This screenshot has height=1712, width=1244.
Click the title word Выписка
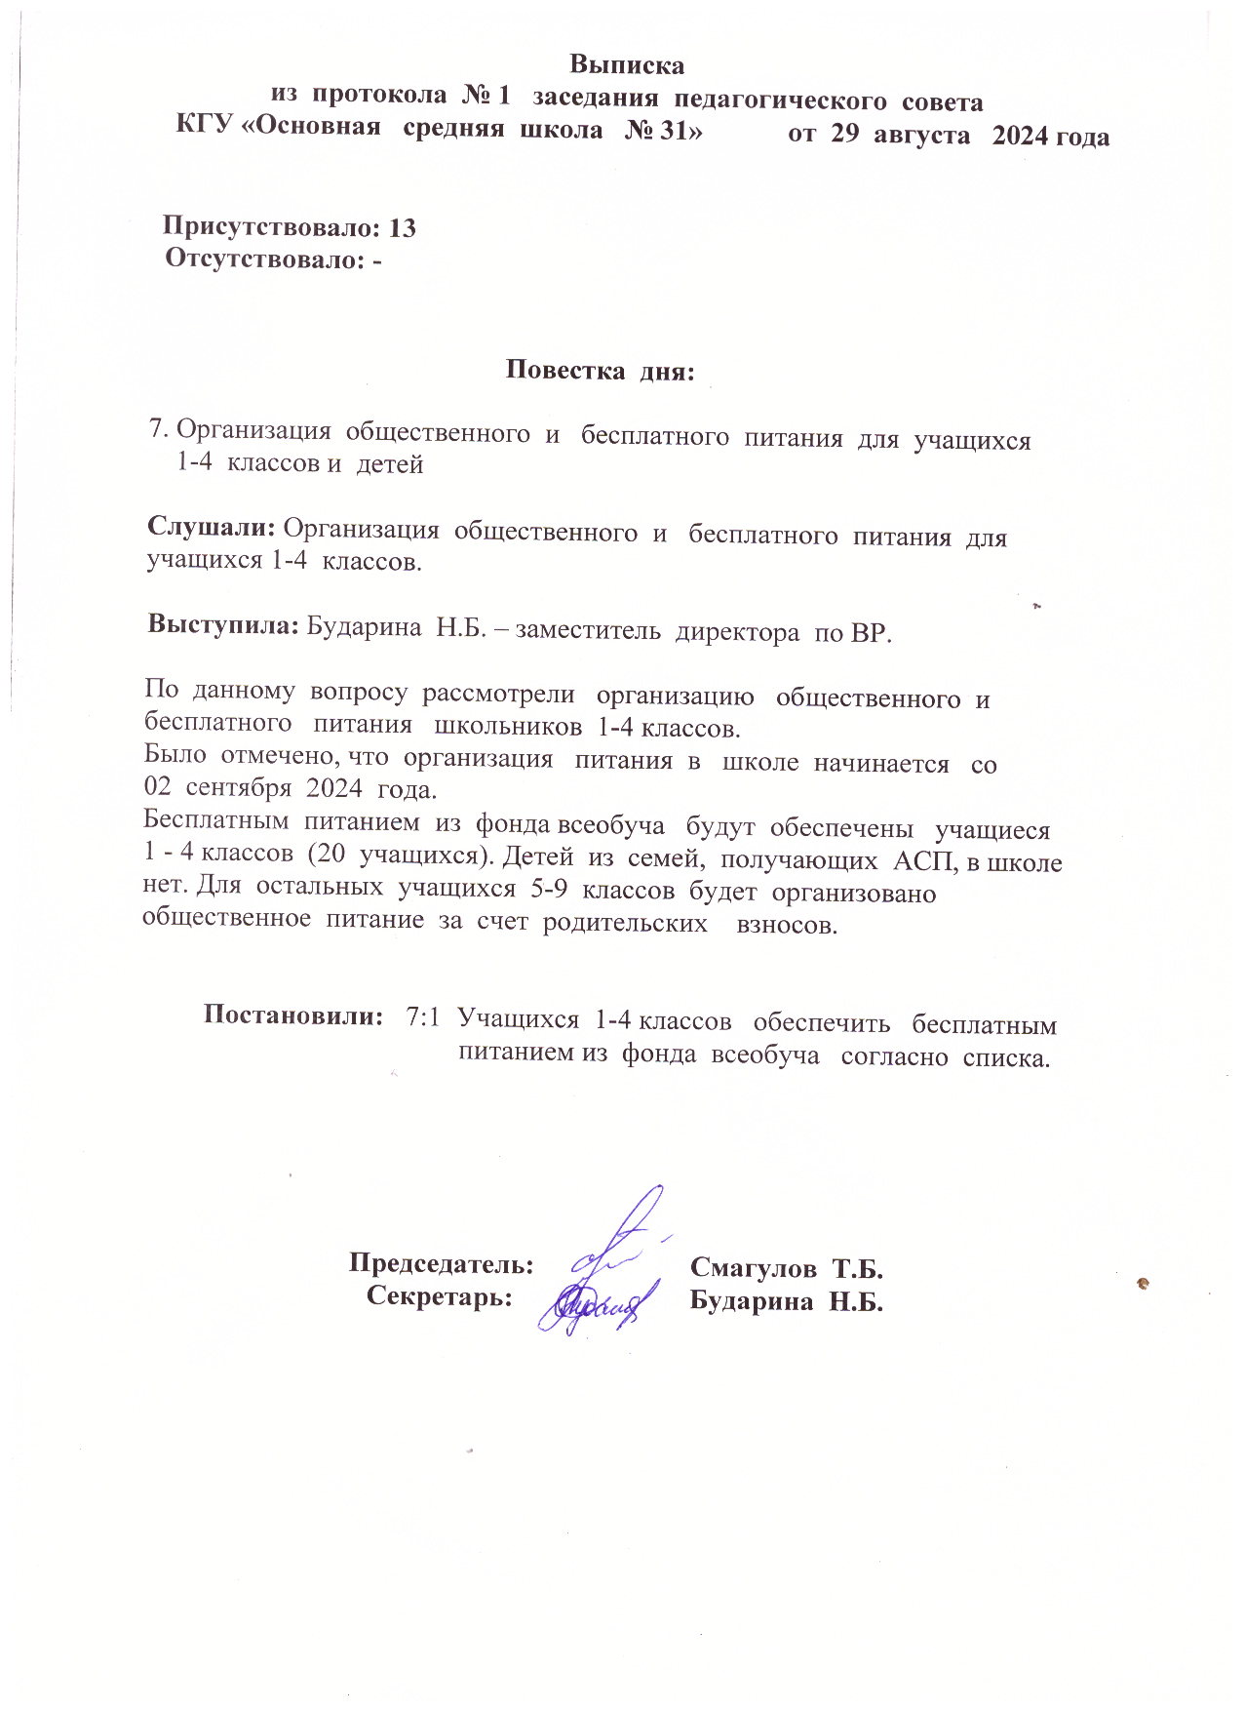627,65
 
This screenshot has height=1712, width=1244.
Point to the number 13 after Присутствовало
402,228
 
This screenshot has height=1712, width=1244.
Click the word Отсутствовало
262,259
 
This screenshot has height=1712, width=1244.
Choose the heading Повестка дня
600,371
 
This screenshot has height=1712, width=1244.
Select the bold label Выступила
222,625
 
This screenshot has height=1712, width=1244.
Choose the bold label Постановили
292,1015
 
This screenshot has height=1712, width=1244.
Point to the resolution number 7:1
422,1018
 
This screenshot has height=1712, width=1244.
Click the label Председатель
441,1264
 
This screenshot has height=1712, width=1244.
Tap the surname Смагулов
754,1268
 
